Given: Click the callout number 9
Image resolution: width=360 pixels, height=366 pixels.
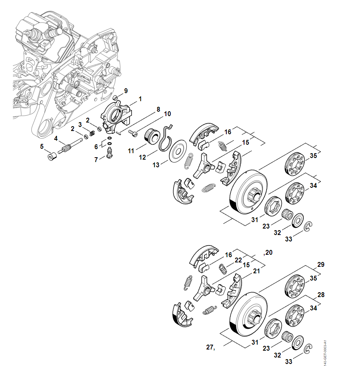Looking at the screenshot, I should pyautogui.click(x=126, y=91).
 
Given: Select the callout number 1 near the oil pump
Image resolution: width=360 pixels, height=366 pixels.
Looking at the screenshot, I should pyautogui.click(x=140, y=99).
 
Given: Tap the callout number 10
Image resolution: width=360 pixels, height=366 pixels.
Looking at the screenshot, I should pyautogui.click(x=167, y=114).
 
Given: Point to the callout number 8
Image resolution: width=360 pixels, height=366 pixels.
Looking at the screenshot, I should pyautogui.click(x=158, y=109).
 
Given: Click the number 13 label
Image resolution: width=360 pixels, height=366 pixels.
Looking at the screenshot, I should pyautogui.click(x=156, y=164).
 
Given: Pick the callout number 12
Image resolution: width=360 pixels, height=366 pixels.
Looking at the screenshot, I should pyautogui.click(x=143, y=157).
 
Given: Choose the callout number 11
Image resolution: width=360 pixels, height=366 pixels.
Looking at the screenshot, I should pyautogui.click(x=131, y=151).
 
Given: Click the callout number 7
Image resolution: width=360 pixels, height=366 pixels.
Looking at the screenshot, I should pyautogui.click(x=96, y=160).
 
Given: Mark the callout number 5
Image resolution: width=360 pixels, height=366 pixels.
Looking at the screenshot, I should pyautogui.click(x=42, y=147).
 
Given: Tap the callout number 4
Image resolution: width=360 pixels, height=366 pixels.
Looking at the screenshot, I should pyautogui.click(x=56, y=138).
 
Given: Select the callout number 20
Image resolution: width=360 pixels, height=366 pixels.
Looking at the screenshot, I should pyautogui.click(x=268, y=253).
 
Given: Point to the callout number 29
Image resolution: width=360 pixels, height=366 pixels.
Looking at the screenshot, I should pyautogui.click(x=321, y=265).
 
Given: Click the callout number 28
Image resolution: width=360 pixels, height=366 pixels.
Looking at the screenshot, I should pyautogui.click(x=321, y=295).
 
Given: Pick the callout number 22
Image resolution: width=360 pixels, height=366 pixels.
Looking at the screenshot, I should pyautogui.click(x=238, y=260).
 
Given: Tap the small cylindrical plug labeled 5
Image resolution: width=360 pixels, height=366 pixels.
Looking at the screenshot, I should pyautogui.click(x=51, y=156).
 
